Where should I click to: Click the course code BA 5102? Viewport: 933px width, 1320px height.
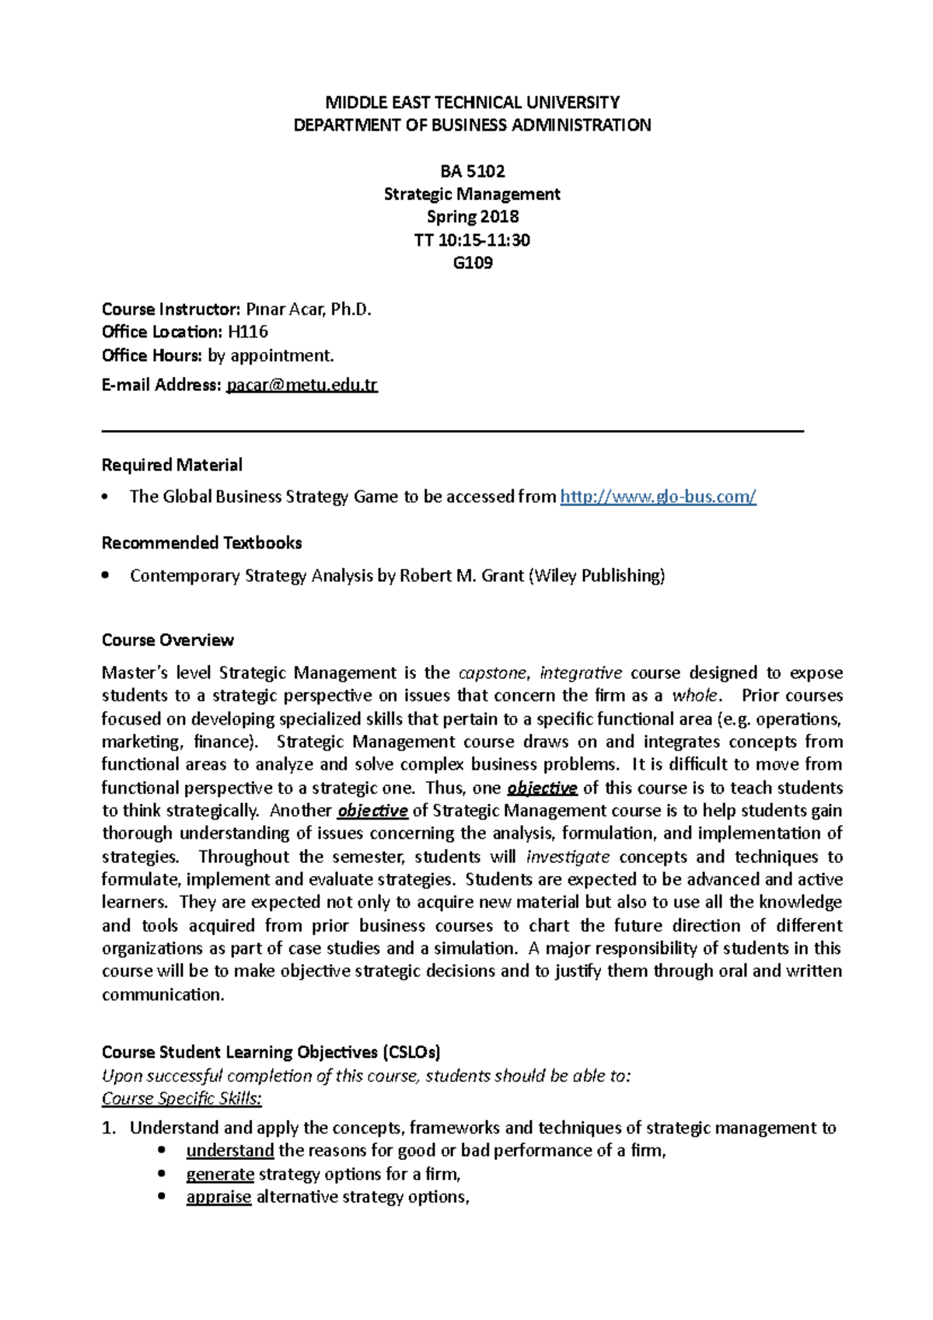tap(472, 171)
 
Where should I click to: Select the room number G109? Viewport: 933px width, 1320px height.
tap(472, 263)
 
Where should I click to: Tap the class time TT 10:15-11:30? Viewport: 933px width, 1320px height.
tap(472, 240)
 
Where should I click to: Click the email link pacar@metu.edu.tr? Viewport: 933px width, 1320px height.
tap(302, 385)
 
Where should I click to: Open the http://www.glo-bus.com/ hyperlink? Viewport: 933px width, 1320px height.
tap(658, 497)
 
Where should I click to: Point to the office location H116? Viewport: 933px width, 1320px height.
tap(248, 332)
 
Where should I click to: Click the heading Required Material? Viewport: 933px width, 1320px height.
tap(172, 465)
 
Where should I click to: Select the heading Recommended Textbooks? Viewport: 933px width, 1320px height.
tap(201, 543)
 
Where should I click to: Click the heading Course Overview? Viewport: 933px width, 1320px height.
tap(167, 640)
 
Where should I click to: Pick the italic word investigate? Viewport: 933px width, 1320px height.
tap(568, 857)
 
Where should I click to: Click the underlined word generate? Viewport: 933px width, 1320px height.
tap(220, 1174)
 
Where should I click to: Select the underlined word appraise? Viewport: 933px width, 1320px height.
tap(218, 1197)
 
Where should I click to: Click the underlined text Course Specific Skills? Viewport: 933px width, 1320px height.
tap(182, 1098)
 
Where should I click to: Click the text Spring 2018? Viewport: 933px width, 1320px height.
tap(472, 217)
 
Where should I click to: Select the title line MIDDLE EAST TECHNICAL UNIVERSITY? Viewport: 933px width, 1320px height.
tap(472, 103)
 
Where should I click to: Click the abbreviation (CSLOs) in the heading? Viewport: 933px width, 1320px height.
tap(411, 1053)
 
